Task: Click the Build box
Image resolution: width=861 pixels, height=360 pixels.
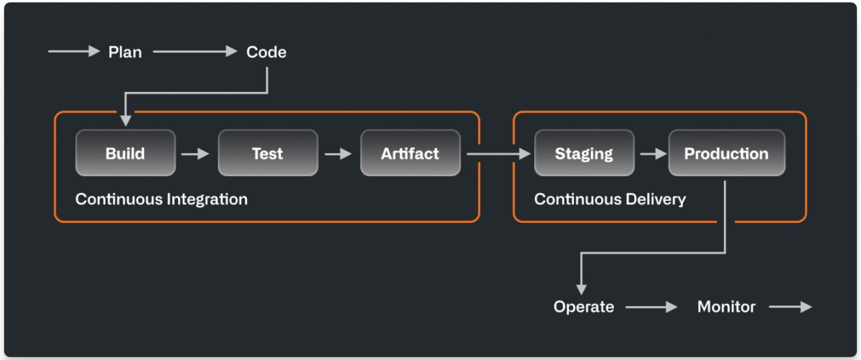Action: (125, 153)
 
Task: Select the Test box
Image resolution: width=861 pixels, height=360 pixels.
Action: (267, 153)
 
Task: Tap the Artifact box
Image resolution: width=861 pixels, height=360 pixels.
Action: (410, 153)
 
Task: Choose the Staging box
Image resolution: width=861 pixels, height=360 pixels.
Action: (584, 153)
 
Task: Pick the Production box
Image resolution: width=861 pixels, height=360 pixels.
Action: (726, 153)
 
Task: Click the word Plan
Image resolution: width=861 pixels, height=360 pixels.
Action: (125, 52)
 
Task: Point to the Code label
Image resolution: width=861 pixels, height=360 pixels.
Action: (266, 52)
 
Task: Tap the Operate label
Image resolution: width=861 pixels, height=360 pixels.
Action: (584, 307)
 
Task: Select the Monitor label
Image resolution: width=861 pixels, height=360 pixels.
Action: (726, 307)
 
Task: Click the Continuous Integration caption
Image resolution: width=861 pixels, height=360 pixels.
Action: (161, 199)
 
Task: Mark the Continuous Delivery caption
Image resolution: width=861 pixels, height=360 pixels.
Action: (609, 199)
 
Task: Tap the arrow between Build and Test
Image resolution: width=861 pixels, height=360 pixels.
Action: (196, 154)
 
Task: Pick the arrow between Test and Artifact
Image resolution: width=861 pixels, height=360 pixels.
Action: (338, 154)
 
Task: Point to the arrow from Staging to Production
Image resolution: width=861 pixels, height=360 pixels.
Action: (653, 154)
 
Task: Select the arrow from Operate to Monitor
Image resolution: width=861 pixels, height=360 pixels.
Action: (652, 307)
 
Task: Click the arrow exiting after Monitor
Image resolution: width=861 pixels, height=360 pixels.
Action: (790, 307)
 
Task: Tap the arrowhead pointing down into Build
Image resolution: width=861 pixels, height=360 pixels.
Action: (125, 120)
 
